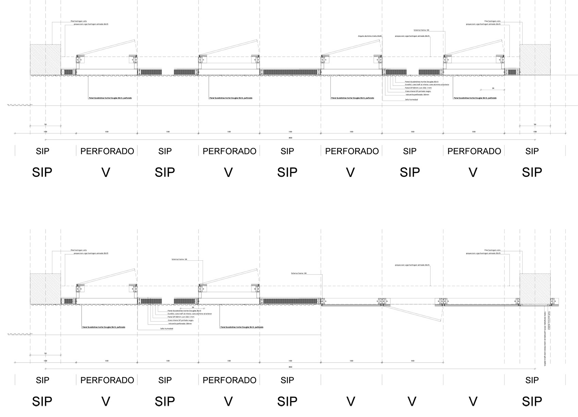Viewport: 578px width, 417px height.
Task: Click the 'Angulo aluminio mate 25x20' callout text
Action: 370,36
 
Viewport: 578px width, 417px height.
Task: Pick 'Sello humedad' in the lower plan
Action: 167,329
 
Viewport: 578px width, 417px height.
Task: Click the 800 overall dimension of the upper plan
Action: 290,138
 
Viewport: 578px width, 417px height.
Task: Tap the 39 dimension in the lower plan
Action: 193,307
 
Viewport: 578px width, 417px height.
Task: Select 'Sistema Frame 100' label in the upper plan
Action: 421,30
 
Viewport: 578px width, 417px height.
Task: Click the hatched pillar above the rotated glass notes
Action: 535,289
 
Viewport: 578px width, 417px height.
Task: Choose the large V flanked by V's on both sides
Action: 412,401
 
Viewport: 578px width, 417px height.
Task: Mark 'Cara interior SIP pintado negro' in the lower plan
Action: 180,320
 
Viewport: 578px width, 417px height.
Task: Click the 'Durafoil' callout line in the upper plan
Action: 427,85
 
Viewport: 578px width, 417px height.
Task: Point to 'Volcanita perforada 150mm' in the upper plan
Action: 417,94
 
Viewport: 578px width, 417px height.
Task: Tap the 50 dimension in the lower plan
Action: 45,353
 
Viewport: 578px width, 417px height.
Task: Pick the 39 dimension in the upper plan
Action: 493,88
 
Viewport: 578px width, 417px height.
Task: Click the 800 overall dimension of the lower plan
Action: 290,367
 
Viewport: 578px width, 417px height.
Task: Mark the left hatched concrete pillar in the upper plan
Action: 45,59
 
